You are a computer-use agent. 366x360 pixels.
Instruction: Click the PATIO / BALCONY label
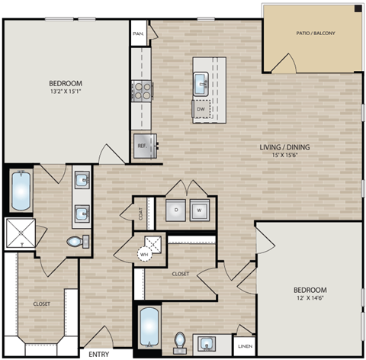314,34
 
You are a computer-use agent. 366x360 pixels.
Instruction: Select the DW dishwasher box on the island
201,109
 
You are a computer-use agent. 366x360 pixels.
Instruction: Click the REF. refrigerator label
142,146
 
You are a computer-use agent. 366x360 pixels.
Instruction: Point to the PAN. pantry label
138,34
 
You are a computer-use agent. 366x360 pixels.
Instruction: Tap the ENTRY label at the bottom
98,354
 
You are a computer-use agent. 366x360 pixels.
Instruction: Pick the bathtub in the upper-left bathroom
20,192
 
